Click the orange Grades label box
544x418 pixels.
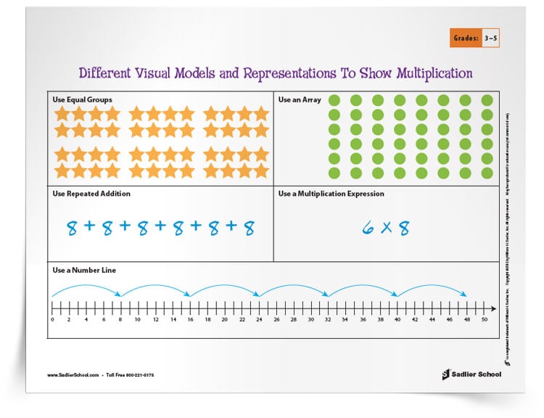coord(466,36)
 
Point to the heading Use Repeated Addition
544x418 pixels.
coord(91,194)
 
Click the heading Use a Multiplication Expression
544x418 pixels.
coord(331,194)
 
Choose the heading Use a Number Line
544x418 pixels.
coord(84,270)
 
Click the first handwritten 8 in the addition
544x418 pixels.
coord(72,229)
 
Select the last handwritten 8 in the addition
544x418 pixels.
coord(249,229)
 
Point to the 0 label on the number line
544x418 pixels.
coord(52,319)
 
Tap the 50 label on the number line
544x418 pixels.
coord(484,319)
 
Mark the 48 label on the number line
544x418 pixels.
coord(466,319)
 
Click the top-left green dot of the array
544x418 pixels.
coord(335,101)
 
